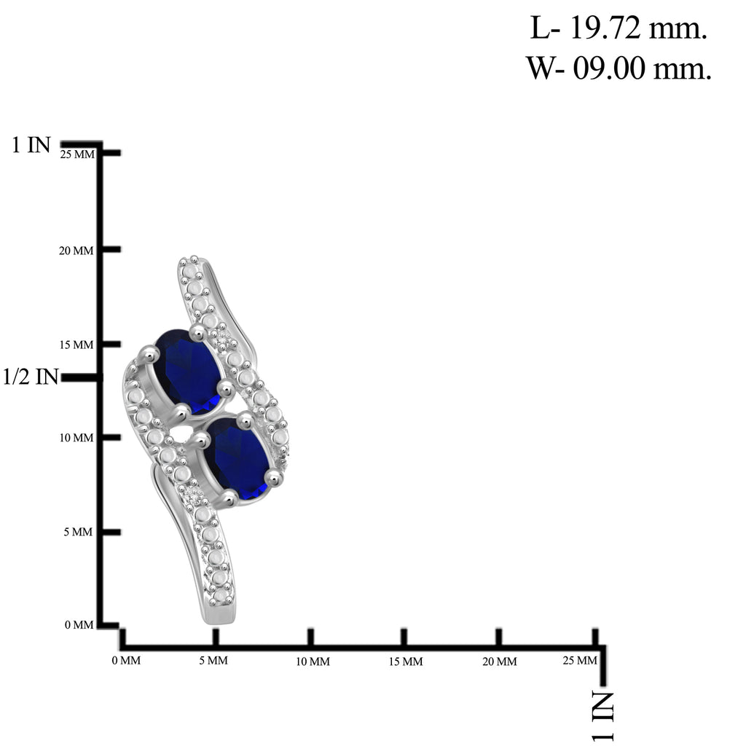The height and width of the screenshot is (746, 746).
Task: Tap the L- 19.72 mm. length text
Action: (619, 28)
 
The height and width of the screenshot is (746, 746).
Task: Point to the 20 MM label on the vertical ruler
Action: (76, 251)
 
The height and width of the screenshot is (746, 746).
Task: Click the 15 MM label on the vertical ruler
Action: (76, 345)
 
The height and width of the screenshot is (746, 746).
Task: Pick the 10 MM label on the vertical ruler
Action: (76, 438)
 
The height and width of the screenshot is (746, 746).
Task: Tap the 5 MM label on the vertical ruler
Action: (78, 532)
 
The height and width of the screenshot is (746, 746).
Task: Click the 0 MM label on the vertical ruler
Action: (79, 624)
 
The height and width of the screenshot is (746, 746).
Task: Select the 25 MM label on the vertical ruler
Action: (77, 154)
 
